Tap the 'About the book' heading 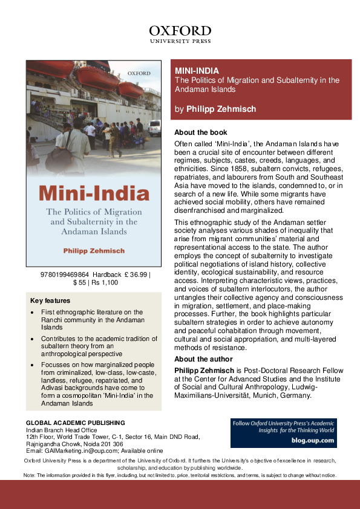click(x=200, y=132)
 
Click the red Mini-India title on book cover click(x=94, y=194)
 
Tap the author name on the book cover click(x=93, y=250)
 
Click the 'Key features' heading click(x=50, y=300)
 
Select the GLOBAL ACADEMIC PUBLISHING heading click(x=76, y=423)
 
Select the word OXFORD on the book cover click(x=139, y=73)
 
